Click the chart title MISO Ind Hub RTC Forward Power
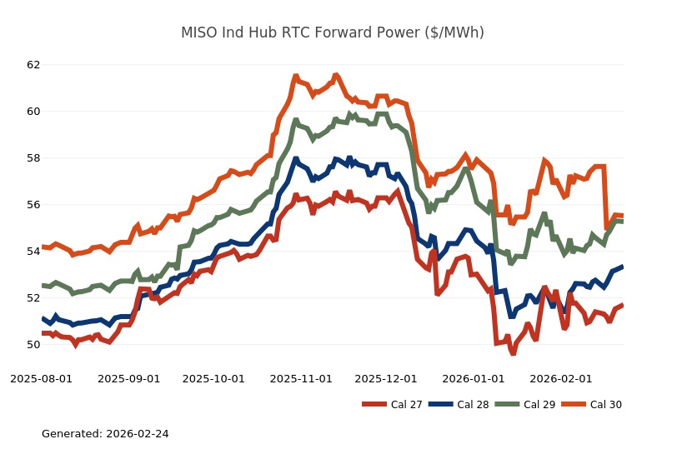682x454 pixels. [x=332, y=33]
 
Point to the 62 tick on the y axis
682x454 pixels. [x=33, y=65]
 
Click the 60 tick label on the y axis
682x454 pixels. [x=33, y=112]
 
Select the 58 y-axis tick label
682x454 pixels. [x=33, y=158]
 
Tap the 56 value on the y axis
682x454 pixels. [x=33, y=205]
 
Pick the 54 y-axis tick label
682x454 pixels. [x=33, y=252]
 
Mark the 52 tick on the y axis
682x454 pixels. [x=33, y=298]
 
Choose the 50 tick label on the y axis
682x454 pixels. [x=33, y=345]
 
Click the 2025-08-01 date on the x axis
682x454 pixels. [x=41, y=379]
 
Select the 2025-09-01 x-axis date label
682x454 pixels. [x=128, y=379]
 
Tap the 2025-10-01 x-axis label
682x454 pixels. [x=213, y=379]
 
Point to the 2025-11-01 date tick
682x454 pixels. [x=301, y=379]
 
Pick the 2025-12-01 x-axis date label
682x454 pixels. [x=386, y=379]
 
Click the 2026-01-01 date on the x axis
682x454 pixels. [x=474, y=379]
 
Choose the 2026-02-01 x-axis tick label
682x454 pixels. [x=561, y=379]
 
